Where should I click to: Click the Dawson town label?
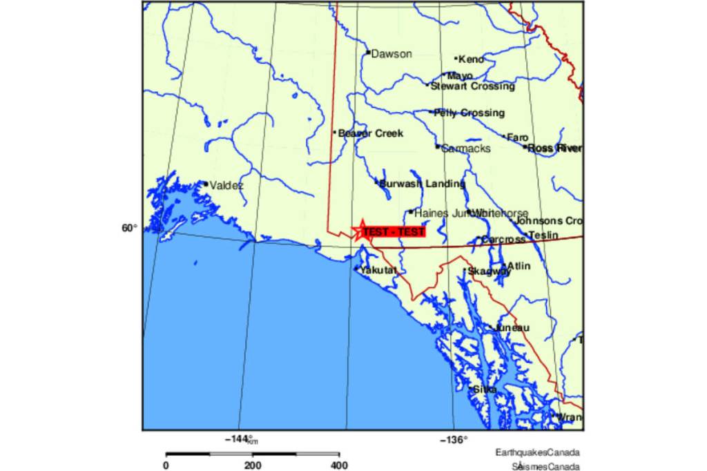point(391,54)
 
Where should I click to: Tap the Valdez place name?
point(226,185)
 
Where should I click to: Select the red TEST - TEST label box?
point(394,232)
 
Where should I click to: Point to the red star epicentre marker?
point(362,231)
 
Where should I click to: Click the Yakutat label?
point(378,269)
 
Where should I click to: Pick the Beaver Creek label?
point(371,133)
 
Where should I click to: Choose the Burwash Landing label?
point(422,184)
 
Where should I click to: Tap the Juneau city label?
point(512,327)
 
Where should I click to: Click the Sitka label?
point(485,390)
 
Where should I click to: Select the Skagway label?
point(490,271)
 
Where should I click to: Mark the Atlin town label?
point(519,265)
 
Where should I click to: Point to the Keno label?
point(471,59)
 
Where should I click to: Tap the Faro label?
point(518,137)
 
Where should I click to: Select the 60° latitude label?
point(130,227)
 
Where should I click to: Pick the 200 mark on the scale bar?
point(253,465)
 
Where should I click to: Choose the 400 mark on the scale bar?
point(338,465)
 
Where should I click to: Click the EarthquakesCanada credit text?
point(537,453)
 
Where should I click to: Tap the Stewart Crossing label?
point(472,86)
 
